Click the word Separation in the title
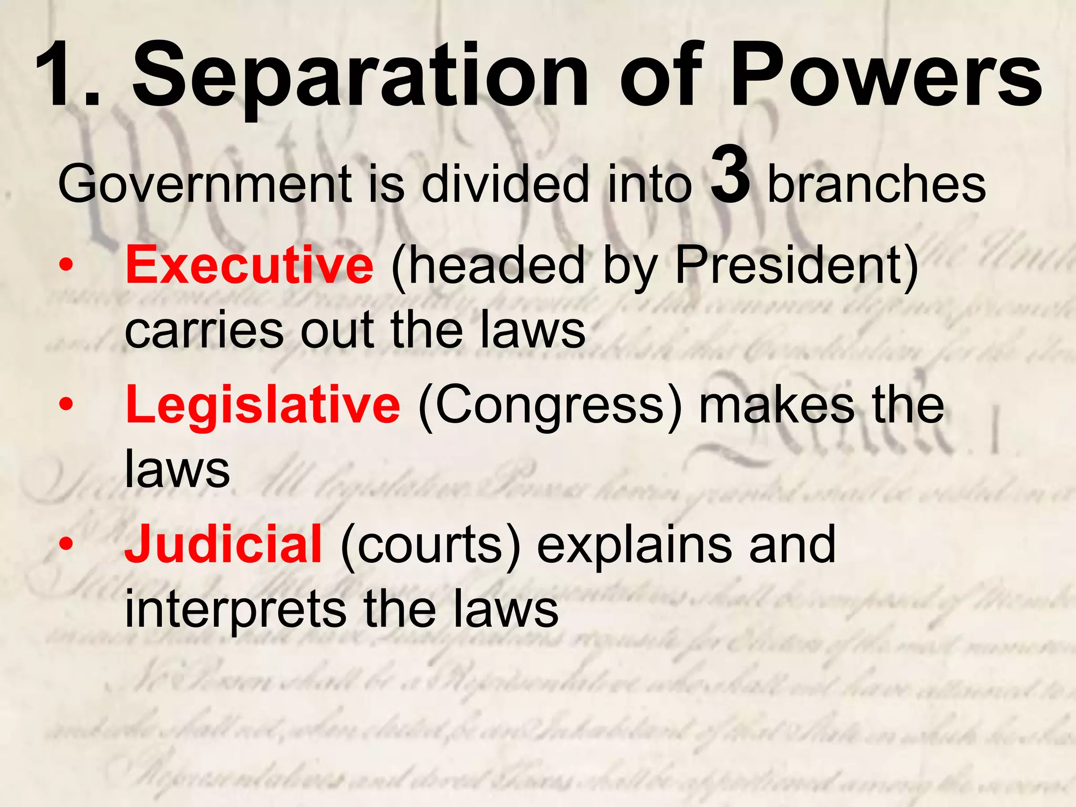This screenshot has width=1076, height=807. tap(359, 76)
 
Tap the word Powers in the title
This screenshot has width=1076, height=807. tap(888, 76)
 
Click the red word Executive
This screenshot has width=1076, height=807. tap(249, 265)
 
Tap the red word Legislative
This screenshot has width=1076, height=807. tap(263, 405)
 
